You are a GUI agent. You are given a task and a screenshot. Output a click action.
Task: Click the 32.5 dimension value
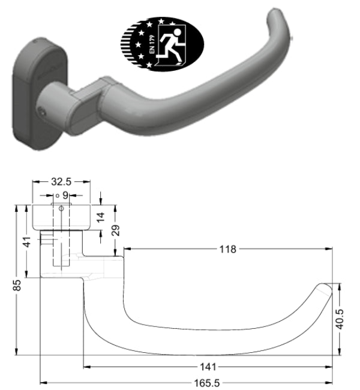[x=62, y=180]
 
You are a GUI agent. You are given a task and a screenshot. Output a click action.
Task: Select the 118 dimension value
[x=228, y=248]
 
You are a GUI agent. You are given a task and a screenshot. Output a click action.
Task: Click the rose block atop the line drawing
[x=61, y=217]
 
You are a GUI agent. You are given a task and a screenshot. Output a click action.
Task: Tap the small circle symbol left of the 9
[x=56, y=196]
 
